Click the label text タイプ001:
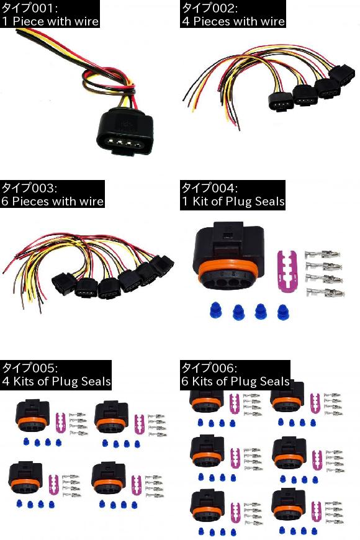[30, 7]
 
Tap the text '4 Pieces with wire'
[233, 21]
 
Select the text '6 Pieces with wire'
[52, 201]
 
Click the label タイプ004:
[209, 187]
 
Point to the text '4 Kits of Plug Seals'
[56, 381]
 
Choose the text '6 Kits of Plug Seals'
[236, 381]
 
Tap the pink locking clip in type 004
[287, 271]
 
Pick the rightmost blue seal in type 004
[283, 312]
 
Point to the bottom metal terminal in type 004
[325, 293]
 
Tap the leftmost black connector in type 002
[281, 102]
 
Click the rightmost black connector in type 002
[342, 75]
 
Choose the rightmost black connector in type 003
[162, 265]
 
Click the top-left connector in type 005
[32, 415]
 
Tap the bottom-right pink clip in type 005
[136, 485]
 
